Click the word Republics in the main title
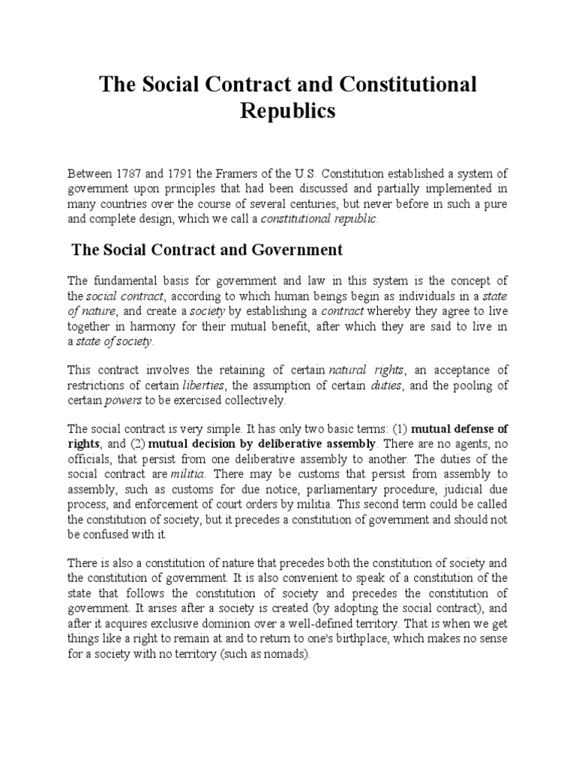[x=288, y=112]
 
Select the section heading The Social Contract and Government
[x=207, y=250]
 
